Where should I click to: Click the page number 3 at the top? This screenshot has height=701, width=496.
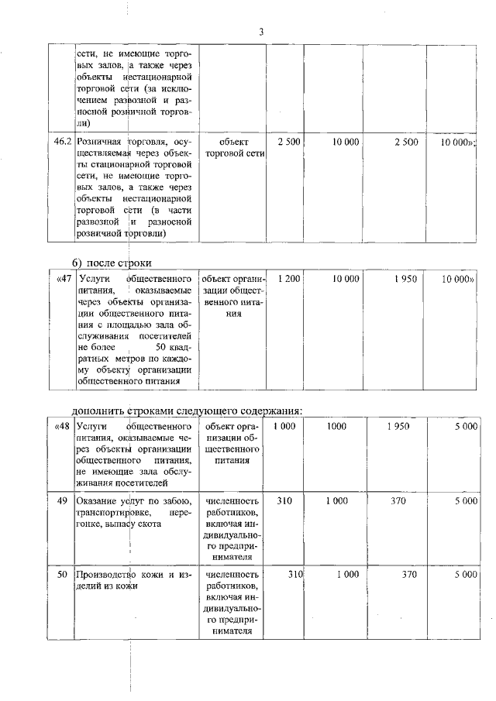coord(261,32)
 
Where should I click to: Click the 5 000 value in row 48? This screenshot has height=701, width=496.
coord(465,427)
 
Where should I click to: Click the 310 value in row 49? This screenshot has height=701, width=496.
coord(284,501)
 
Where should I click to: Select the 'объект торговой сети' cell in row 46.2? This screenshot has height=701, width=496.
coord(233,147)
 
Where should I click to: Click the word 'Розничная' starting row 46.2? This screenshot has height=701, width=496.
coord(99,142)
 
